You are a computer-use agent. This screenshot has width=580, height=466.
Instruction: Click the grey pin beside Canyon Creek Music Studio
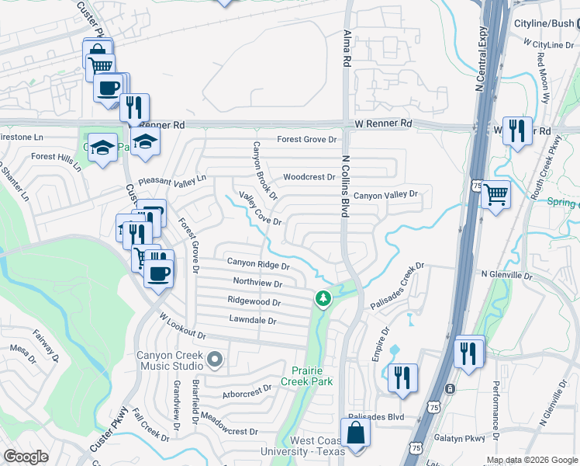[x=216, y=360]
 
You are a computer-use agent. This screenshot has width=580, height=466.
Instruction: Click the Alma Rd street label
[x=347, y=47]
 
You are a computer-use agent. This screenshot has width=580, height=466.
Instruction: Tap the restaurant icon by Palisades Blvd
[x=402, y=377]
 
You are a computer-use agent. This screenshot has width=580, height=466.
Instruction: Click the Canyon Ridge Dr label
[x=257, y=264]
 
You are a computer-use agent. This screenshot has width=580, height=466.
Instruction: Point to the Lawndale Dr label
[x=253, y=319]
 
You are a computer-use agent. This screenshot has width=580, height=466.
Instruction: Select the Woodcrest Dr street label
[x=309, y=177]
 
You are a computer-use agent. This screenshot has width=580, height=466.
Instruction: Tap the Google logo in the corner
[x=26, y=456]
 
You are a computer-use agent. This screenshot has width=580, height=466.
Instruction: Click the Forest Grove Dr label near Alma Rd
[x=309, y=140]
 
